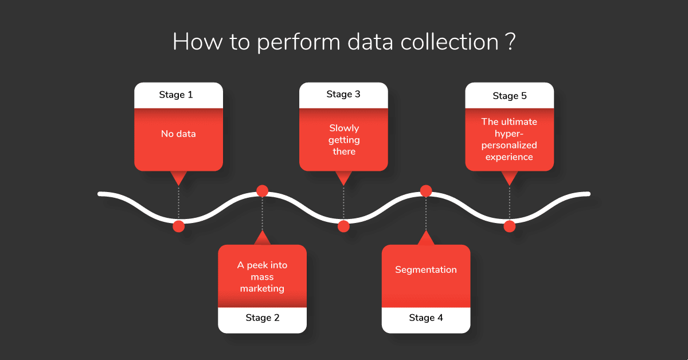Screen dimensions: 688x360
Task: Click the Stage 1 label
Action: (x=176, y=95)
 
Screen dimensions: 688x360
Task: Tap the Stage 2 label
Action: (x=263, y=318)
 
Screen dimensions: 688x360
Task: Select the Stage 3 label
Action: (x=343, y=95)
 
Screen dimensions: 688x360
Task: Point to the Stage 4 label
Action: (x=426, y=318)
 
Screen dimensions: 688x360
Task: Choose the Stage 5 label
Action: (x=510, y=96)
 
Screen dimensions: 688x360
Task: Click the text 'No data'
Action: (x=178, y=134)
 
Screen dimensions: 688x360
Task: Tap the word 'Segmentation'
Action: (x=426, y=270)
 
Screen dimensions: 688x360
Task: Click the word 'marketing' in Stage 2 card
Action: (x=263, y=289)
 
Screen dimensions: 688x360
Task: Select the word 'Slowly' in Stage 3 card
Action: (x=344, y=128)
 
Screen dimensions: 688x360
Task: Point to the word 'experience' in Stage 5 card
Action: (x=509, y=157)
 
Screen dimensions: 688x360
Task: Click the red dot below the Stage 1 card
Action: (x=178, y=226)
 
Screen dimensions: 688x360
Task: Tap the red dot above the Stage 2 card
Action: (x=263, y=191)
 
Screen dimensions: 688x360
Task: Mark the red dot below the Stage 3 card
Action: (x=343, y=226)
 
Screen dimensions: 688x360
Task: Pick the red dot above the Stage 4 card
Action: (x=426, y=191)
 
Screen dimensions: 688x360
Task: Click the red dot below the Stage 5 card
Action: (x=510, y=226)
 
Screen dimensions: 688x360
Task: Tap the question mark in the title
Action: (x=510, y=42)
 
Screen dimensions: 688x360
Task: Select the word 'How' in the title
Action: (x=197, y=42)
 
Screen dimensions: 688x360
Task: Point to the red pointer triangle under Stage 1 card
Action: (x=178, y=178)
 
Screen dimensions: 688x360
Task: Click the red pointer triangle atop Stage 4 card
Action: (x=426, y=238)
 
